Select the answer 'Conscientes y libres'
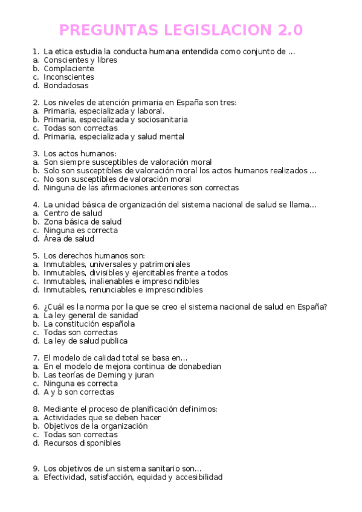pos(80,60)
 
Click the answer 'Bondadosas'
pos(66,86)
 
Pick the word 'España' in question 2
pos(203,103)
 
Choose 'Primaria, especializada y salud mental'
pos(114,136)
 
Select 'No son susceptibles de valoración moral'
pos(117,179)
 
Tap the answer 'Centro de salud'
pos(73,213)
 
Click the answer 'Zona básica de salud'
pos(83,222)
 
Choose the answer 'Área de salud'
pos(69,238)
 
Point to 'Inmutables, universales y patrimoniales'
pos(117,264)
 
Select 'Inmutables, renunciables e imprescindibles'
pos(123,290)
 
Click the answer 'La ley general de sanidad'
pos(91,315)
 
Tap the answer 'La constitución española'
pos(89,324)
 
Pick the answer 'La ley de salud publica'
pos(85,341)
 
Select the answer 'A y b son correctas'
pos(79,392)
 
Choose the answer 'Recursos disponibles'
pos(82,443)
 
